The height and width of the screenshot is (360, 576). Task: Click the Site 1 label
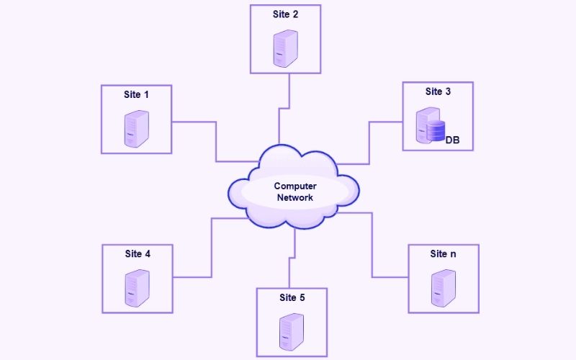[136, 94]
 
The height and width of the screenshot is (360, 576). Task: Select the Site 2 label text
[286, 14]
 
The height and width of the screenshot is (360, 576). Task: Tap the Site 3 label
[438, 91]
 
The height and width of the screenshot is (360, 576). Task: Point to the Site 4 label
[138, 253]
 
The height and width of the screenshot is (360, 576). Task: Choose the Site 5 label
[292, 297]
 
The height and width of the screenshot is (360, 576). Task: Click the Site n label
[443, 253]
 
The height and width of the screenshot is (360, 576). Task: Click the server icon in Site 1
[136, 129]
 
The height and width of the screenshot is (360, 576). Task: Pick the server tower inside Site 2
[286, 48]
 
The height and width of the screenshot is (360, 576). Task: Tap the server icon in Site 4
[137, 287]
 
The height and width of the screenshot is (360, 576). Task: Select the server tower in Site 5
[292, 330]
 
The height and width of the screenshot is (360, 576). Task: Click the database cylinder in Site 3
[436, 132]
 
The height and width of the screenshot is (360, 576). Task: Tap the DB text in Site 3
[453, 140]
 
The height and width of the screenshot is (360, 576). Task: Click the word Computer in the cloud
[295, 186]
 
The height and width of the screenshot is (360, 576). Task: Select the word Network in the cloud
[295, 197]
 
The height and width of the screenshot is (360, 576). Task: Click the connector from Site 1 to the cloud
[216, 140]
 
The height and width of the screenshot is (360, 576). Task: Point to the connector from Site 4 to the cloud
[210, 248]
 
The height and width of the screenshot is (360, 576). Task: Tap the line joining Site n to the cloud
[372, 245]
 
